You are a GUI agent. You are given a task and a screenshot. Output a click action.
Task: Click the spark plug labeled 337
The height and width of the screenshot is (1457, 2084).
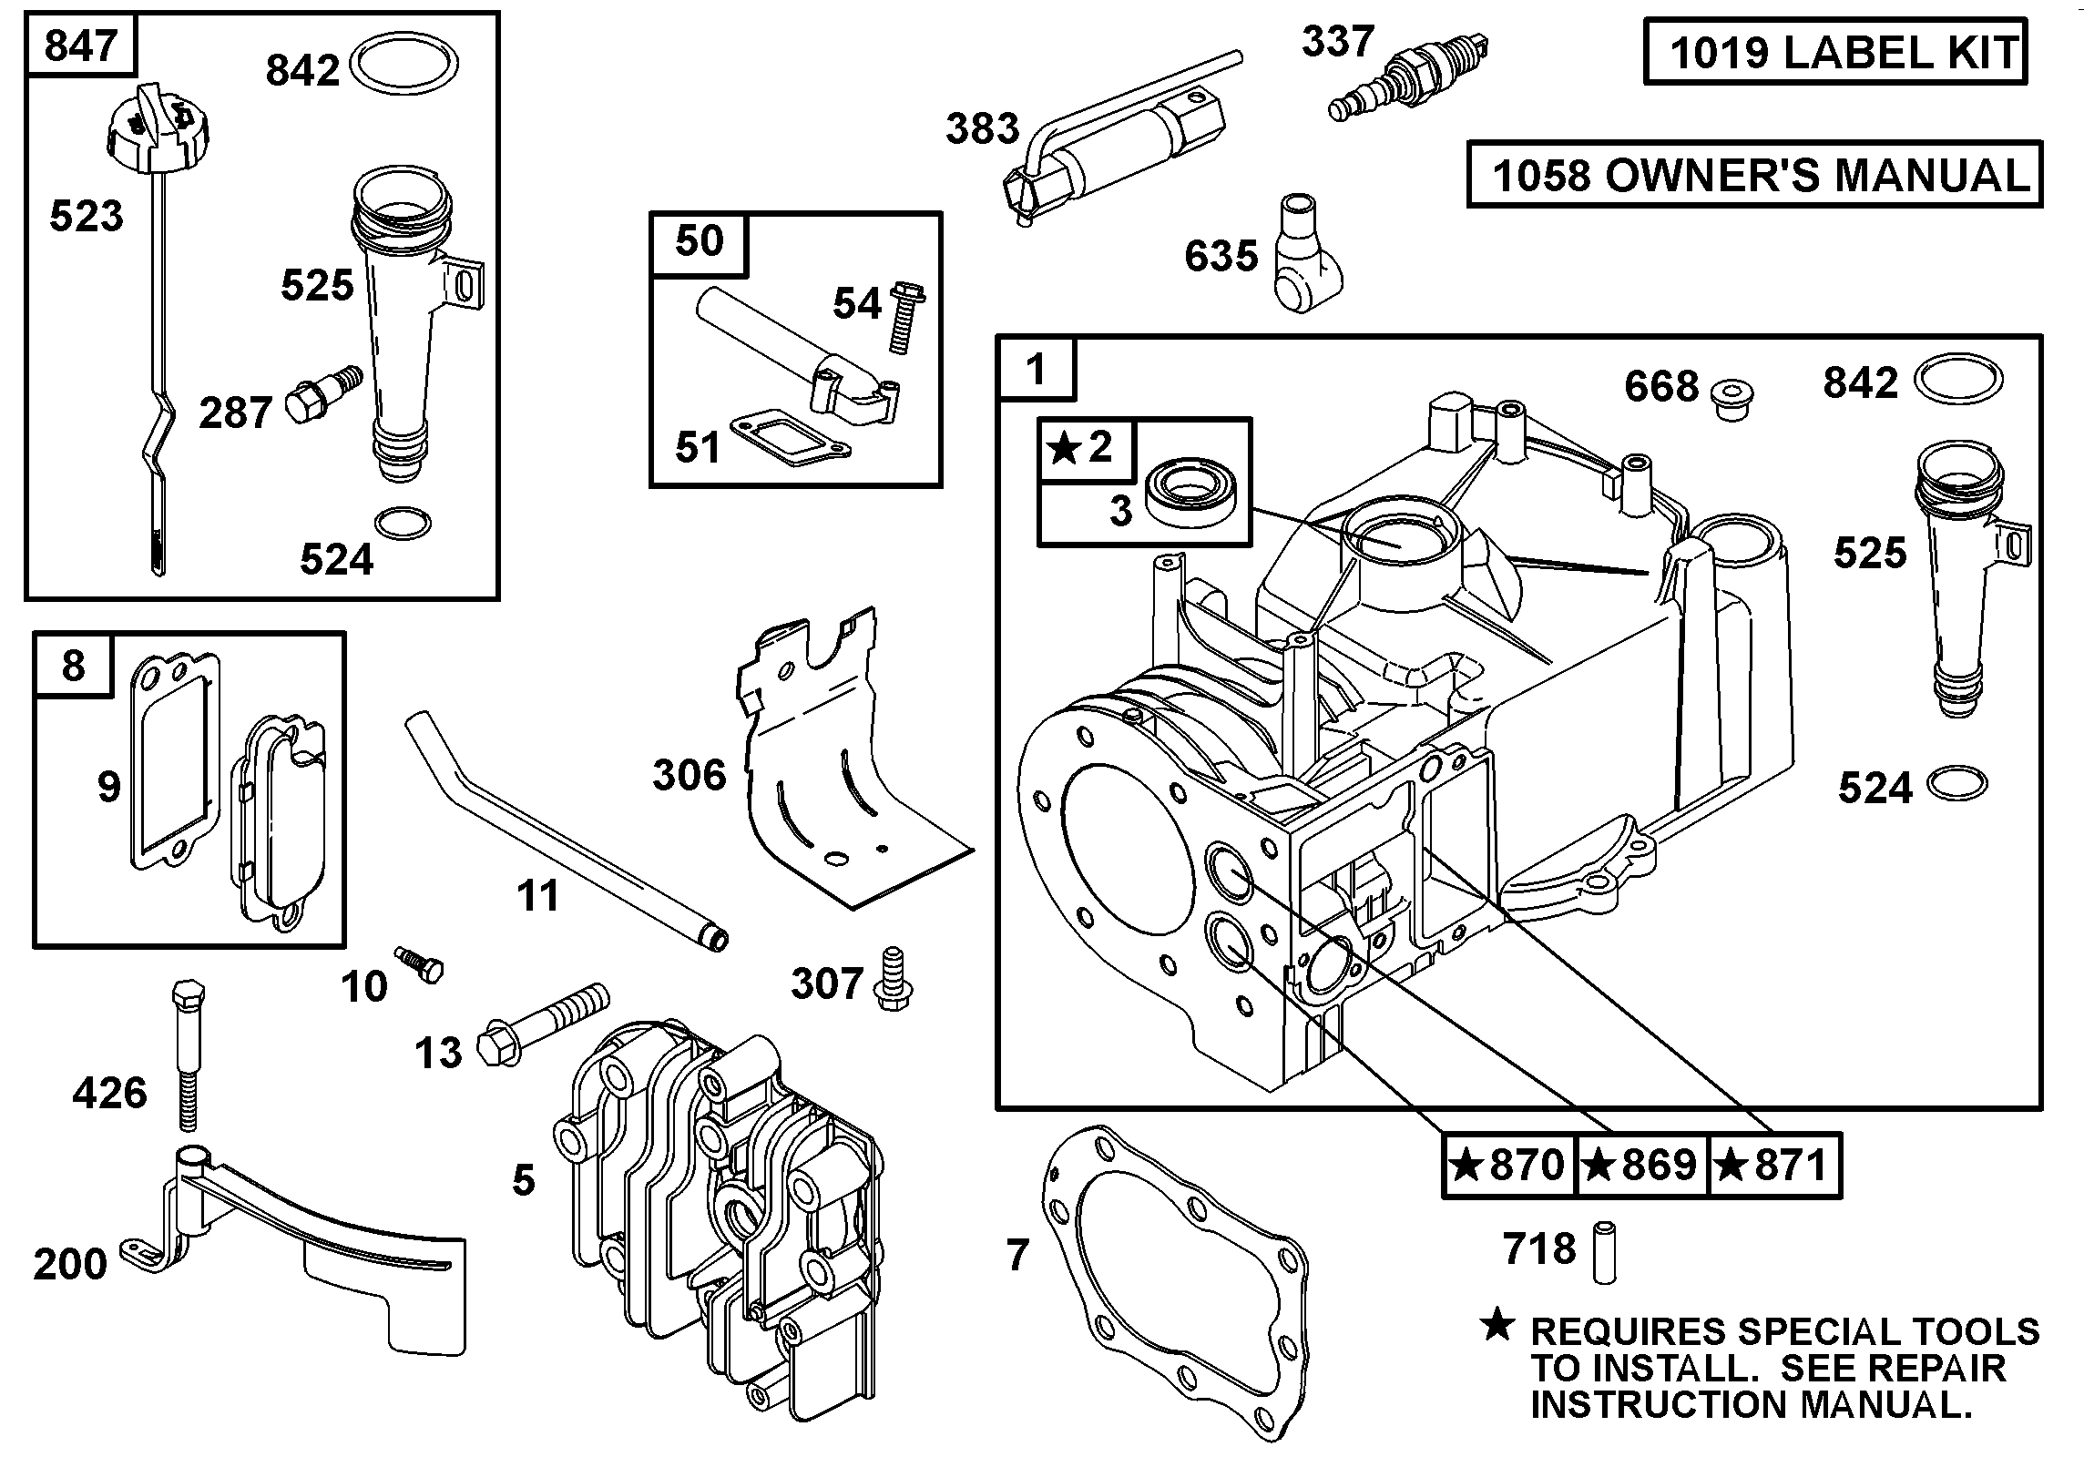tap(1407, 76)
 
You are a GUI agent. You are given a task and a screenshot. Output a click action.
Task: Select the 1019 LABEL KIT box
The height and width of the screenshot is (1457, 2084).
tap(1834, 52)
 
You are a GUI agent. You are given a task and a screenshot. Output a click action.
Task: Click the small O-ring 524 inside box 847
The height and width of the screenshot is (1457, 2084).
tap(403, 524)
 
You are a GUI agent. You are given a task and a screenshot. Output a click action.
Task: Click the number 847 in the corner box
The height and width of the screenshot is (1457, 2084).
tap(80, 45)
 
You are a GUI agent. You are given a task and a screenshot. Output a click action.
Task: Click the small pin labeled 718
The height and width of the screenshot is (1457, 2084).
tap(1604, 1254)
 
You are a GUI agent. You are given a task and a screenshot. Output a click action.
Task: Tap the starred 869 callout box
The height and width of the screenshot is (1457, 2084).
tap(1641, 1164)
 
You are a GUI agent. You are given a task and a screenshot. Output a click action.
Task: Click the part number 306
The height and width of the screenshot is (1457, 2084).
tap(690, 775)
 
